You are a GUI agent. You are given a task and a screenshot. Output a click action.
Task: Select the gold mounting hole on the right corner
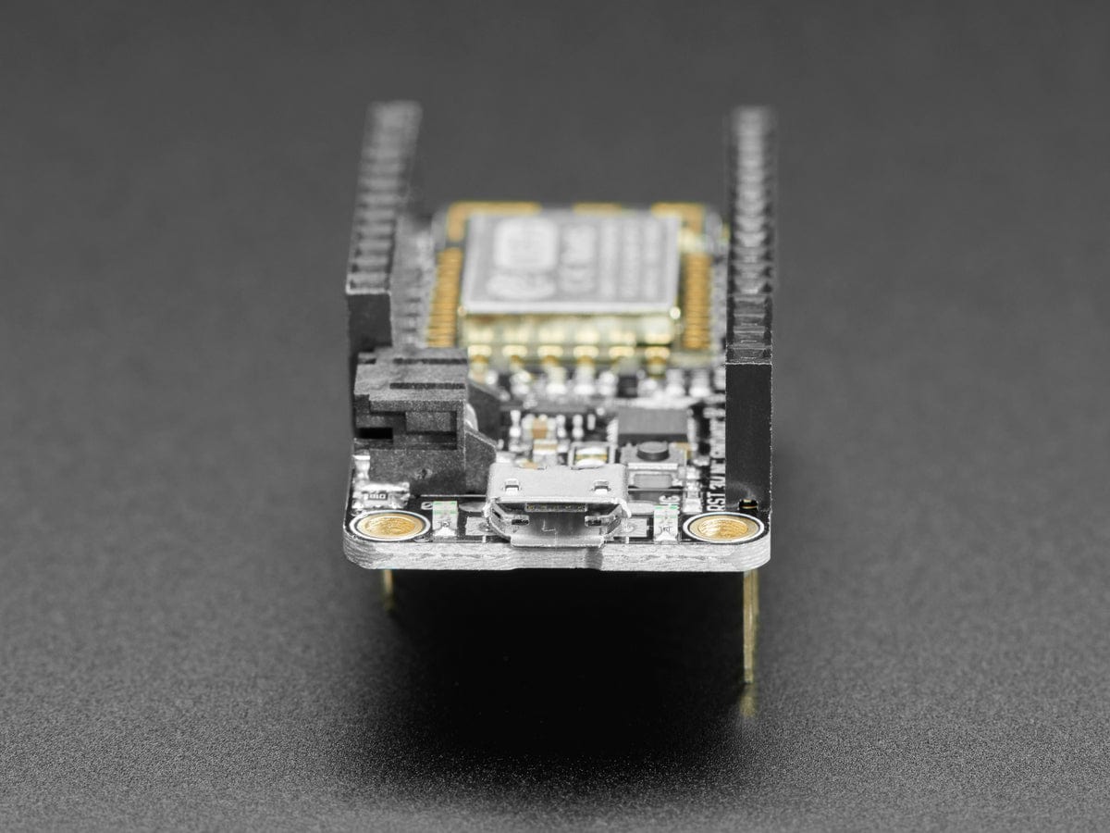pyautogui.click(x=721, y=528)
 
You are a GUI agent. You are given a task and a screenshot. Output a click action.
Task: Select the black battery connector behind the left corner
pyautogui.click(x=416, y=407)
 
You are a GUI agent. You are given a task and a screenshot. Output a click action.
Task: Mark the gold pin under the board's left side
pyautogui.click(x=387, y=588)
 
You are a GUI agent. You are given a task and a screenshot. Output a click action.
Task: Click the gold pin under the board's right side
pyautogui.click(x=749, y=629)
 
